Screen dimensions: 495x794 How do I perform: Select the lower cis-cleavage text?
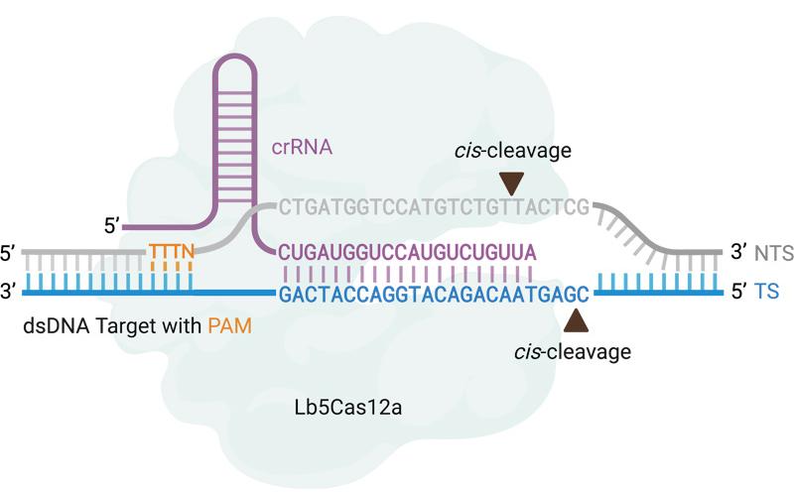click(x=575, y=350)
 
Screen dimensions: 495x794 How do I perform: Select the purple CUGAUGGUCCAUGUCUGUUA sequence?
click(x=408, y=250)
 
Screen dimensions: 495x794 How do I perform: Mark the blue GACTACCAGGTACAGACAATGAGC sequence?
click(x=434, y=294)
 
